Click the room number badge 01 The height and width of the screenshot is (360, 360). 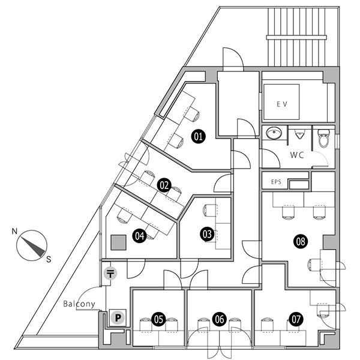[199, 137]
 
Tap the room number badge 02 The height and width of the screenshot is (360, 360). [164, 185]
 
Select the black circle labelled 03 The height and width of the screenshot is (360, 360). [207, 234]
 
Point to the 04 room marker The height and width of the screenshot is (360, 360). [140, 236]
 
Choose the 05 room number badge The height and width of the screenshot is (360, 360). [158, 319]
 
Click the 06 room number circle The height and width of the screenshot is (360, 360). [220, 319]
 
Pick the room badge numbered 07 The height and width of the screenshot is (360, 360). [296, 319]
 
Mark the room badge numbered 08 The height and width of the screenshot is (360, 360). [301, 242]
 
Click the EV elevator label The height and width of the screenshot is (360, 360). [282, 104]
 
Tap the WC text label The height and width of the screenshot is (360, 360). [297, 155]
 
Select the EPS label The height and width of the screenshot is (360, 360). [276, 182]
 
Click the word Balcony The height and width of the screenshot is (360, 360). [79, 304]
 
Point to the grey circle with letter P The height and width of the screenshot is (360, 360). [118, 318]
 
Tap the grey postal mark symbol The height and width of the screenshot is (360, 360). [110, 274]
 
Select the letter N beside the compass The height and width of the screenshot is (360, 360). [14, 231]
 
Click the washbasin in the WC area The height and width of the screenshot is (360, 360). [274, 133]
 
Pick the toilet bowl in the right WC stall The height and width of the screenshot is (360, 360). [324, 138]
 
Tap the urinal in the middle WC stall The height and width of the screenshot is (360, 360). [299, 134]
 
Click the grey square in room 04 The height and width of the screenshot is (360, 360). [118, 242]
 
